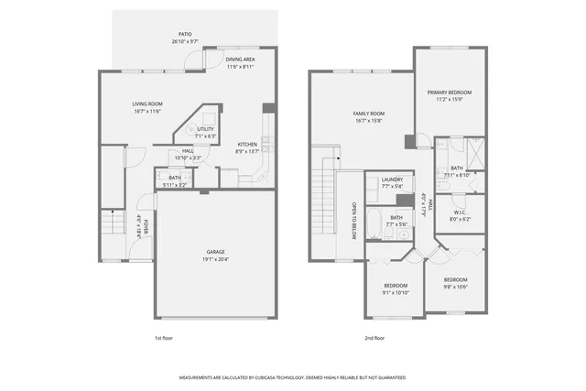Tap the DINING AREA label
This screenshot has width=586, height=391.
pos(242,60)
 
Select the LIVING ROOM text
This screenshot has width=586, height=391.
pos(146,105)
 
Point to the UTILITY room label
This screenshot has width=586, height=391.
pos(205,130)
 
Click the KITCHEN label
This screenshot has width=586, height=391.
pos(247,145)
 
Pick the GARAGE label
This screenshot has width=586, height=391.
pos(215,252)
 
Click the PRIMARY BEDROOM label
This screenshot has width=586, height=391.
pos(449,92)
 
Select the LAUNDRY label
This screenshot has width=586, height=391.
pos(392,179)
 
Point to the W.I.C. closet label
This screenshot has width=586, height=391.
pos(460,214)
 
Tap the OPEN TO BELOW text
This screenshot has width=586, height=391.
pos(353,219)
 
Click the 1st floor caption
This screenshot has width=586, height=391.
pos(163,338)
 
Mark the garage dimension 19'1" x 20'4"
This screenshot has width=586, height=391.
pos(215,258)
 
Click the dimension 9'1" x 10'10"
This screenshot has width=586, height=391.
pos(396,292)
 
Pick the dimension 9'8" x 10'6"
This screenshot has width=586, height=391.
pos(456,286)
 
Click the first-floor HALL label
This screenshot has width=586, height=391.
pos(188,151)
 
